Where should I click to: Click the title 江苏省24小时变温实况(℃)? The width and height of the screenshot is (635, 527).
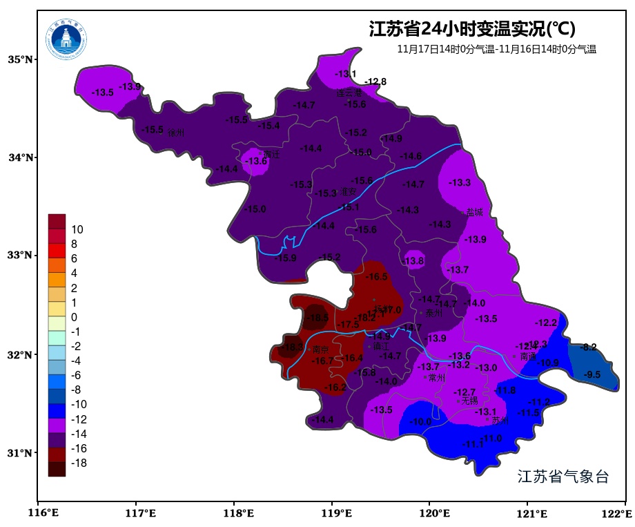472,29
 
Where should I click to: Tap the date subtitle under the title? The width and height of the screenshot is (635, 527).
496,49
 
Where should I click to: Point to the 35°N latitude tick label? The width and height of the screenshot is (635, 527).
21,59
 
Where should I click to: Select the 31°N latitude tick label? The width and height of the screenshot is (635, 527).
21,453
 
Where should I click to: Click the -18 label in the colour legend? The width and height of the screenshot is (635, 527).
79,463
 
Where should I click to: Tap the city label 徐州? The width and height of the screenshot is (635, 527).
176,133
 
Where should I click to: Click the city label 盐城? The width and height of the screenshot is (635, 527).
474,213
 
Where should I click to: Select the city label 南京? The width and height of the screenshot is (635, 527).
321,349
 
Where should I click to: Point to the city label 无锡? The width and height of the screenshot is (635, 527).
469,401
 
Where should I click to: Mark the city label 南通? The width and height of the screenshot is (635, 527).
528,356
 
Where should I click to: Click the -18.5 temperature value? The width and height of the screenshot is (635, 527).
318,318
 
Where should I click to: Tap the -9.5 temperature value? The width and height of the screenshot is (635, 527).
592,375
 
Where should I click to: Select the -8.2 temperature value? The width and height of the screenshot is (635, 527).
589,347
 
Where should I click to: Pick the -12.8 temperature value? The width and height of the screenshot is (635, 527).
375,82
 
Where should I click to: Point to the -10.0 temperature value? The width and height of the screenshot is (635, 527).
420,422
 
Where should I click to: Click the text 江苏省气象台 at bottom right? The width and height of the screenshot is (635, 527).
563,477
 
